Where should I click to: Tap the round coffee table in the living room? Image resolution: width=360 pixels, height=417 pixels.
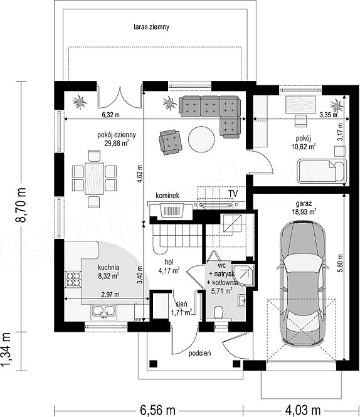[201, 139]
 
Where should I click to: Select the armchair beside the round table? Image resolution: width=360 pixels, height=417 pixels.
[171, 142]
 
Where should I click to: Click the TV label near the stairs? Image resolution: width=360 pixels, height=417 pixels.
[233, 194]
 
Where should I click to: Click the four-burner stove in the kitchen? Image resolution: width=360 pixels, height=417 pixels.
[73, 279]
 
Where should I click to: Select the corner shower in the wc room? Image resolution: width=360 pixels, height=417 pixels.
[243, 275]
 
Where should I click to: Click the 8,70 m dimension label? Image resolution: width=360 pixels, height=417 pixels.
[21, 204]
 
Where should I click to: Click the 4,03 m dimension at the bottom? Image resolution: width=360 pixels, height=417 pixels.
[303, 410]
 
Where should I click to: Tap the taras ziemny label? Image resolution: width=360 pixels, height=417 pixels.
[151, 27]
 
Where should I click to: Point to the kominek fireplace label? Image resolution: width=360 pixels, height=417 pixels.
[167, 196]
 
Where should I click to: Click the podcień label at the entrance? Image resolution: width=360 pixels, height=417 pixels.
[200, 353]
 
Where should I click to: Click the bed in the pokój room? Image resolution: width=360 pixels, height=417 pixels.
[322, 171]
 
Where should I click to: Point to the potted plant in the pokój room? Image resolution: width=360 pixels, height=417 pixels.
[337, 105]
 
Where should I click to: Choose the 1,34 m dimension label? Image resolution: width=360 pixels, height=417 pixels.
[7, 349]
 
